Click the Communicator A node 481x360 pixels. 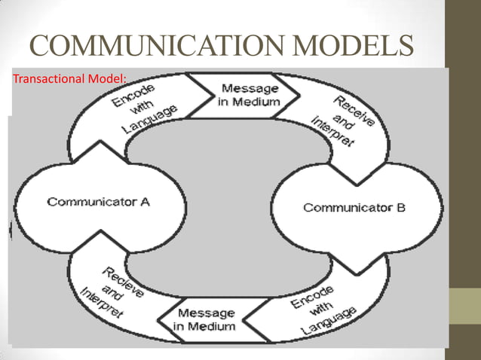tap(99, 201)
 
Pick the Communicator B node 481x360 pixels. tap(354, 207)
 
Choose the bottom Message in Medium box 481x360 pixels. tap(204, 320)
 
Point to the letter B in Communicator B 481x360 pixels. tap(400, 207)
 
